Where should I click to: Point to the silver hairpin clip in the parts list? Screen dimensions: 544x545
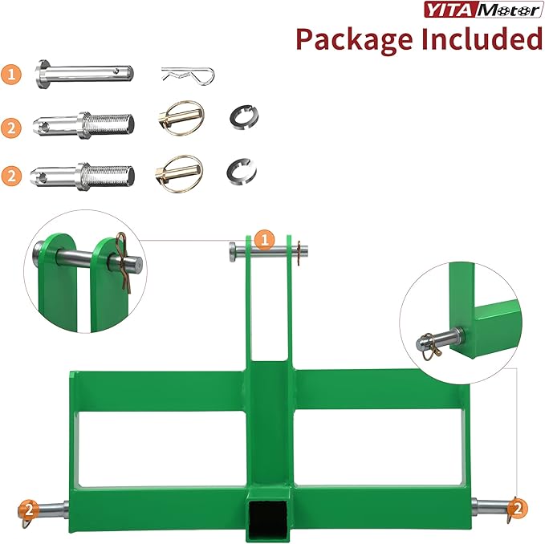(x=187, y=75)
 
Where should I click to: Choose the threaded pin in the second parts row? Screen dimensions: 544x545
(x=84, y=124)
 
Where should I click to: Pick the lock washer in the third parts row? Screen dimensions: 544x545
(x=238, y=169)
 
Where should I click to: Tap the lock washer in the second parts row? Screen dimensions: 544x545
(x=238, y=117)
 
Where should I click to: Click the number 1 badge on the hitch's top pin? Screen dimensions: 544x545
(x=266, y=238)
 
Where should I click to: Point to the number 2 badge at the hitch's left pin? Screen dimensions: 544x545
(x=28, y=509)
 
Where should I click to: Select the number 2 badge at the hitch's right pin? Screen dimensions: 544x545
(x=518, y=508)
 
